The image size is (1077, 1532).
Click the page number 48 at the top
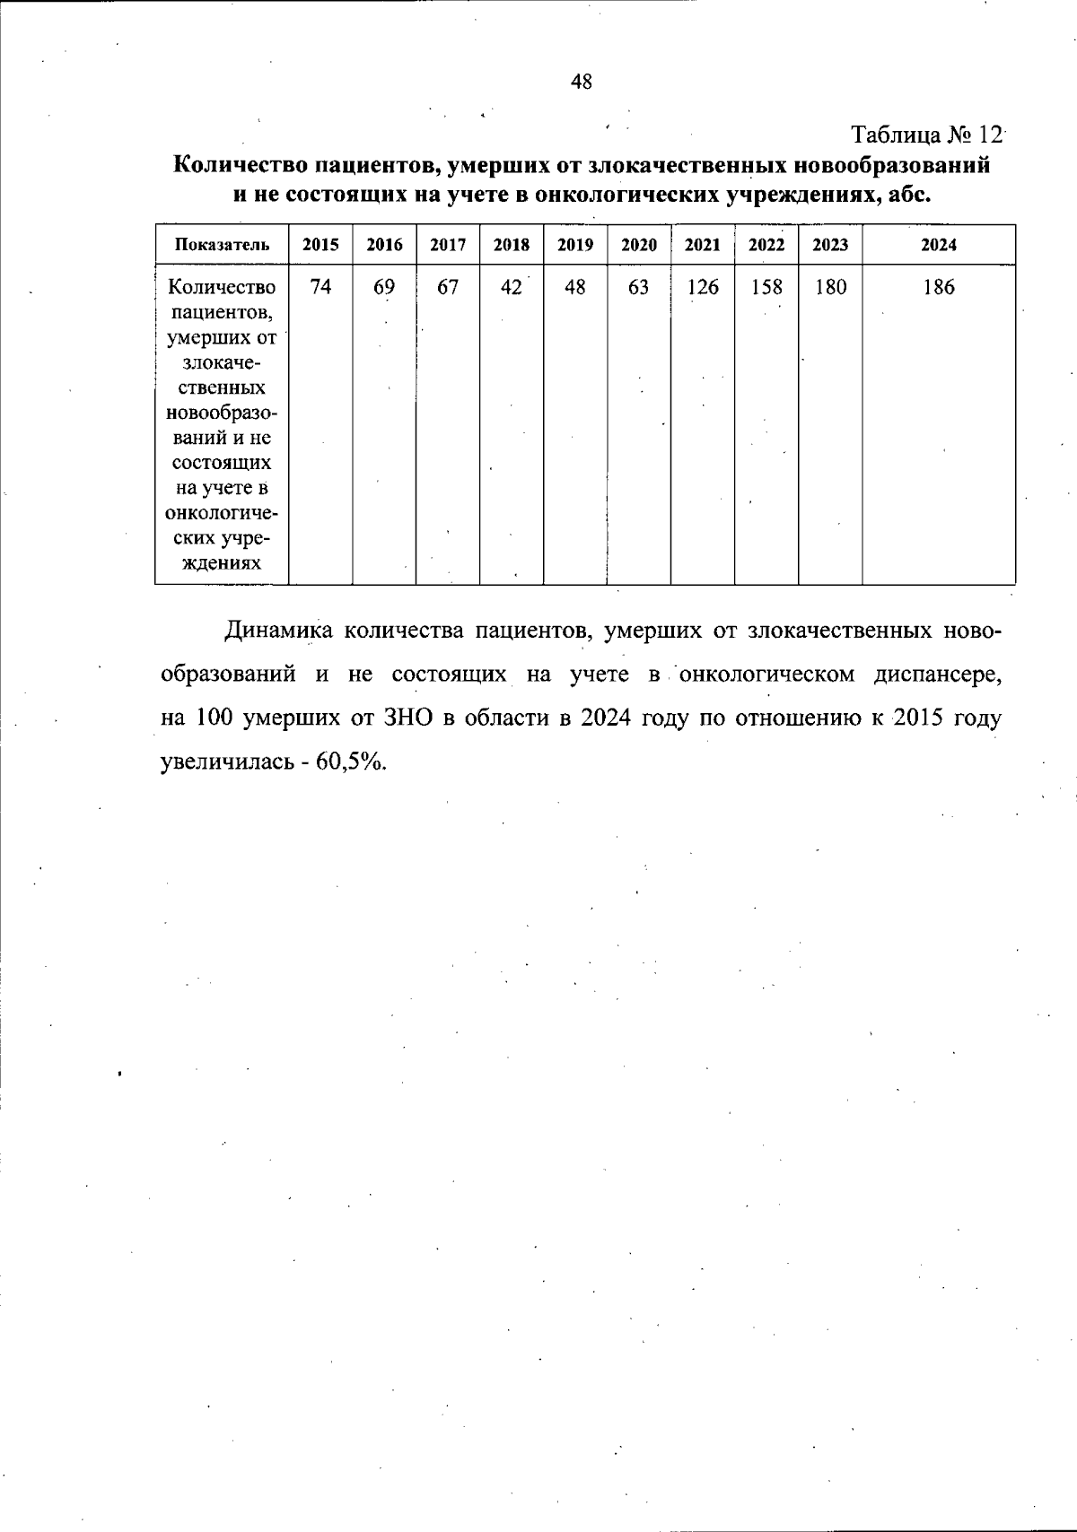581,83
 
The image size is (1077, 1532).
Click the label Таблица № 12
927,135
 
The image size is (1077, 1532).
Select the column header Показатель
222,245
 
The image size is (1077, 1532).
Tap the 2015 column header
320,245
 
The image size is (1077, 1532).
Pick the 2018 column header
512,245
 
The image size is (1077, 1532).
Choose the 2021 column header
703,245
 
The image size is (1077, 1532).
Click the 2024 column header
939,245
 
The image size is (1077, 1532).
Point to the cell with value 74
320,287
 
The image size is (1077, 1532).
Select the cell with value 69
384,287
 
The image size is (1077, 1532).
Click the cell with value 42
512,287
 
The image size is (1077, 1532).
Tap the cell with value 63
639,287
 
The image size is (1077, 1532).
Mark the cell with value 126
703,287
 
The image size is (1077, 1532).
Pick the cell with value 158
766,287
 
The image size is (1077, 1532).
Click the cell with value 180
830,287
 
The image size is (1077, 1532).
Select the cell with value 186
939,287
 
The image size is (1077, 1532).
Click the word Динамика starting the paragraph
277,631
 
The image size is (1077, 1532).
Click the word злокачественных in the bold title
688,166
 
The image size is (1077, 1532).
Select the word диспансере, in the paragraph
938,675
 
